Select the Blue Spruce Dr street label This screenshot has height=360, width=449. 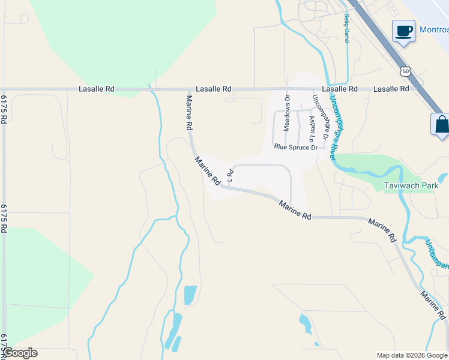295,146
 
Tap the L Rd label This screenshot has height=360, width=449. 229,175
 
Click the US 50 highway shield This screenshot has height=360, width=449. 406,71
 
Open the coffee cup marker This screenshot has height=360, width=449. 403,30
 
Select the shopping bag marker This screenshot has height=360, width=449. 441,124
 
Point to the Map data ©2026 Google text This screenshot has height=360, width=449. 412,355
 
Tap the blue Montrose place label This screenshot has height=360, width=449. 434,30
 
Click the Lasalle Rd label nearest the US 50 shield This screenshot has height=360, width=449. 391,89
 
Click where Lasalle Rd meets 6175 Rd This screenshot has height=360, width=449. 4,89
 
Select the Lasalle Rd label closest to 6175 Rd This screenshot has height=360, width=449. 96,89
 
